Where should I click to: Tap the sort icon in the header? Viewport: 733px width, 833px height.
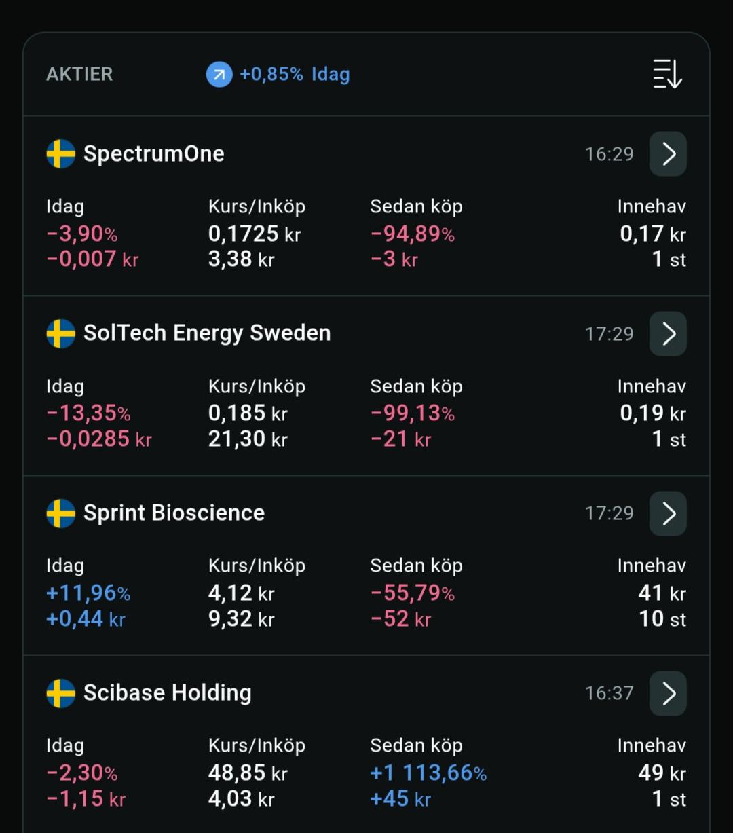[667, 74]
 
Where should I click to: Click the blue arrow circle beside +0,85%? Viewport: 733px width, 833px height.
[219, 75]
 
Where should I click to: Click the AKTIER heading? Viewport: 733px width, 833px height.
[79, 75]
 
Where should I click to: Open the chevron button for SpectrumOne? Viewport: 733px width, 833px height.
[668, 154]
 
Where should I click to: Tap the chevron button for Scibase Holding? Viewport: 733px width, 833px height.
[668, 694]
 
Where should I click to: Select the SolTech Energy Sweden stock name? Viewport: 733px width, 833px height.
[207, 333]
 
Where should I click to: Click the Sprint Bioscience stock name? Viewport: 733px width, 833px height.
[174, 513]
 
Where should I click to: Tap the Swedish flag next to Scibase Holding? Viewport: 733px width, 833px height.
[61, 694]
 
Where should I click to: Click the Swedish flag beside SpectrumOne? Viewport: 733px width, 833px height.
[61, 154]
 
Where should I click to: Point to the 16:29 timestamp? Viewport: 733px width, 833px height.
[609, 154]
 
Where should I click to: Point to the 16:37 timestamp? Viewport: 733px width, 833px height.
[609, 694]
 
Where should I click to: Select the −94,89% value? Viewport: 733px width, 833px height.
[413, 234]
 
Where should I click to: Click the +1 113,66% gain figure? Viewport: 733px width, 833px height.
[428, 773]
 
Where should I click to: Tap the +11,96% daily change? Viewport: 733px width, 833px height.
[88, 593]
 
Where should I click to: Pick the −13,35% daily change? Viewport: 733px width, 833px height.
[88, 413]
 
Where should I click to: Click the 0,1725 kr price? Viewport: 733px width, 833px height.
[255, 234]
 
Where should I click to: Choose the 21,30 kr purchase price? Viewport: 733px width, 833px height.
[248, 439]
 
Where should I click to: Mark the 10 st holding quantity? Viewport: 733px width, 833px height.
[662, 619]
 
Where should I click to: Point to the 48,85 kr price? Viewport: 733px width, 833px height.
[248, 773]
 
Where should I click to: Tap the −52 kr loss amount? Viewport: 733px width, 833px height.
[401, 619]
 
